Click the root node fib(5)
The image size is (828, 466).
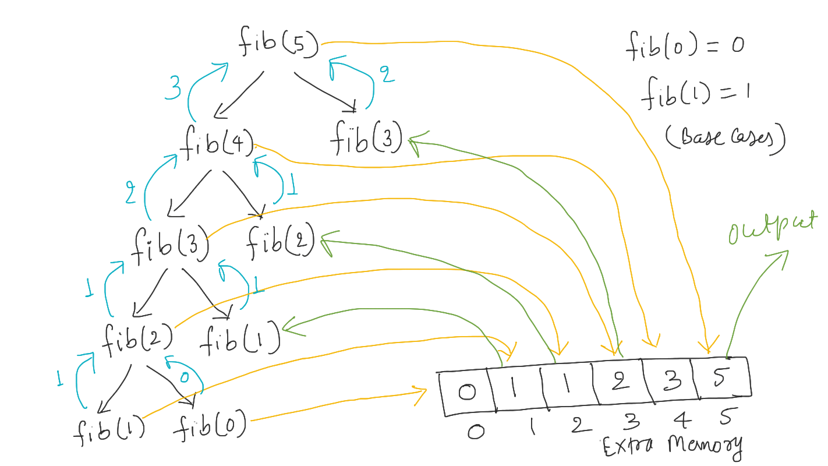279,44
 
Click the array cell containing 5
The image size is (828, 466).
720,379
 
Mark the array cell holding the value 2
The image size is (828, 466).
621,384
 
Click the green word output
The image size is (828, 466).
772,229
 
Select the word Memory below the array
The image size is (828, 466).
705,445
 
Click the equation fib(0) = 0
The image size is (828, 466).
685,47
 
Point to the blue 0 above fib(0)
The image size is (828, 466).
184,378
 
